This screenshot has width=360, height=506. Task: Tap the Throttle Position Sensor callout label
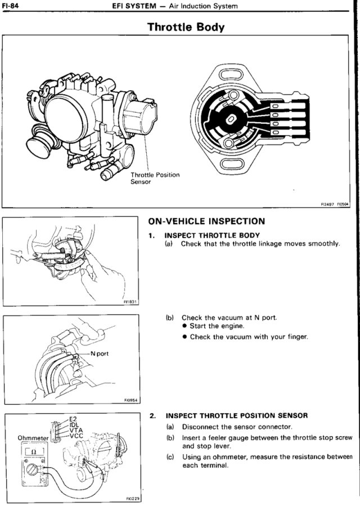[x=155, y=178]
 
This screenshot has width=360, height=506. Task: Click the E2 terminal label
[x=72, y=418]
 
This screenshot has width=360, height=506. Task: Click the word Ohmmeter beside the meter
[x=34, y=437]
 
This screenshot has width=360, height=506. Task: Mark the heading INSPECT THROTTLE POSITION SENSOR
[x=237, y=416]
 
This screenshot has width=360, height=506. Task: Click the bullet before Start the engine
[x=184, y=326]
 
